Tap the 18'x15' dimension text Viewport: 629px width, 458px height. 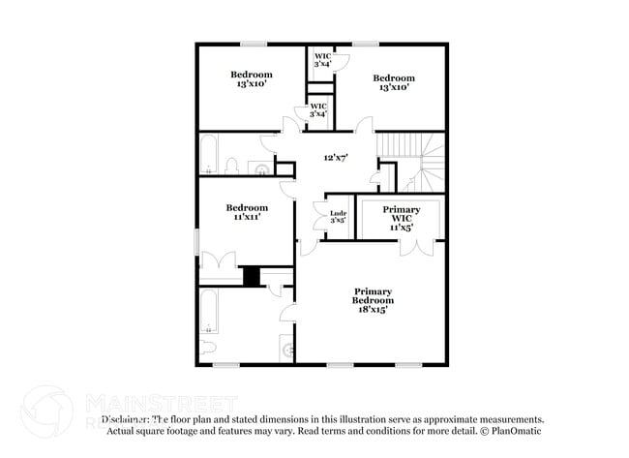tap(373, 311)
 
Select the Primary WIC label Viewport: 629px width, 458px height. tap(401, 215)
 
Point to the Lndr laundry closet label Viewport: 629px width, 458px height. tap(338, 214)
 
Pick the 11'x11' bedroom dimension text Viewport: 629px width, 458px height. tap(247, 218)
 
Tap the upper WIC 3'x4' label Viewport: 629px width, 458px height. tap(322, 60)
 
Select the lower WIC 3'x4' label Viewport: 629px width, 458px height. tap(318, 109)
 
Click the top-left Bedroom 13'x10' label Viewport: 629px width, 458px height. tap(251, 79)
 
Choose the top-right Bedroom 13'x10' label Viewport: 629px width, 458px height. tap(394, 83)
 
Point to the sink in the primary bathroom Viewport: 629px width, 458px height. tap(286, 347)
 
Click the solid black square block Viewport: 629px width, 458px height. tap(252, 276)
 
